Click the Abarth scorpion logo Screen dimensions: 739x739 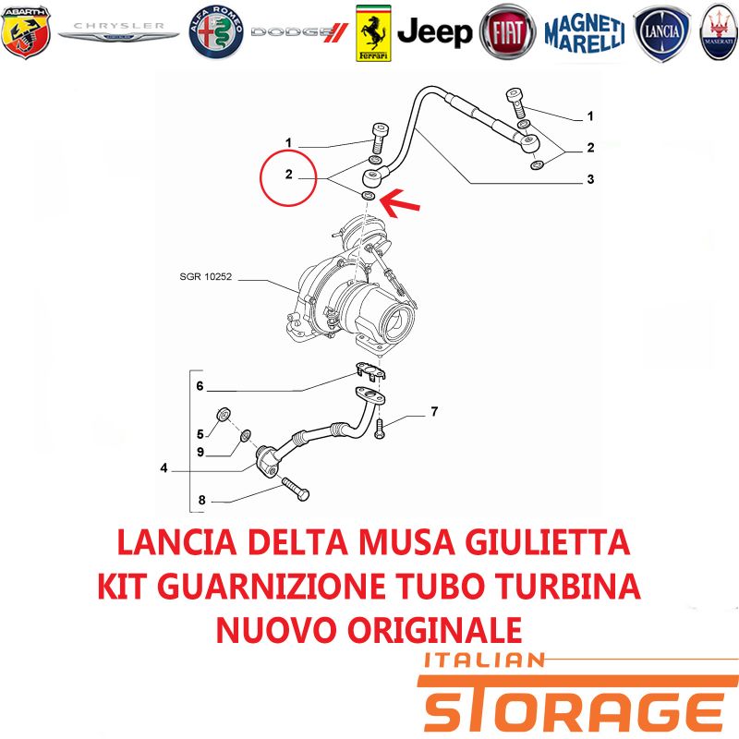point(26,32)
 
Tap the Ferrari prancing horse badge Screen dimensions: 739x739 point(373,33)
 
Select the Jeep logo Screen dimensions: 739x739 point(434,32)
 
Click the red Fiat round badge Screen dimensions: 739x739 point(507,32)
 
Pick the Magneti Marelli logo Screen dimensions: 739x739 point(585,33)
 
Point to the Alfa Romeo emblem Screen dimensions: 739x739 point(216,32)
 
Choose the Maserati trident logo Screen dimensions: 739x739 point(719,32)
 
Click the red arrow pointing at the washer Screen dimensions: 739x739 point(399,202)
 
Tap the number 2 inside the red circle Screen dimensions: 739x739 point(289,175)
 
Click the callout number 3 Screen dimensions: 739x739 point(590,179)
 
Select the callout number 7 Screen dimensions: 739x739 point(434,411)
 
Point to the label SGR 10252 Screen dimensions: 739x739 point(205,276)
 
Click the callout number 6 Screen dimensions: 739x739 point(200,386)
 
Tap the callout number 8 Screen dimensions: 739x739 point(201,500)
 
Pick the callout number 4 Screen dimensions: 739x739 point(164,468)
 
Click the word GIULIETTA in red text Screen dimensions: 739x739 point(548,542)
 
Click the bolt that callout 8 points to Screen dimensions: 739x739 point(296,489)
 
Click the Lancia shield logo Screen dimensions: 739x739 point(662,33)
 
